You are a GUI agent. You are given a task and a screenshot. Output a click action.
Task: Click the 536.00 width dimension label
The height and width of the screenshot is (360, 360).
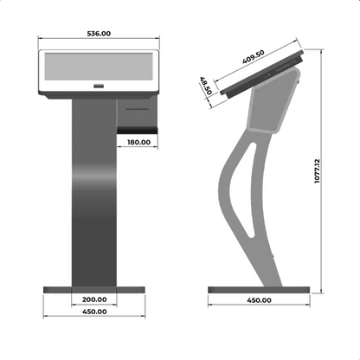tap(99, 34)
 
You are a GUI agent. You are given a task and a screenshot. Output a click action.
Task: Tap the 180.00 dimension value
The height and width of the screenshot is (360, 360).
tap(138, 142)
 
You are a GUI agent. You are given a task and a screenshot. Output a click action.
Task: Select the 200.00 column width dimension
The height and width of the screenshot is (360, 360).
tap(94, 299)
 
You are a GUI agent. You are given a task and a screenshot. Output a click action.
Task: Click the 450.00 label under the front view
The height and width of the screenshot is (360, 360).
tap(94, 312)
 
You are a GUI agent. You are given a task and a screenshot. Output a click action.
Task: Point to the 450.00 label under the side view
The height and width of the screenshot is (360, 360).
tap(259, 300)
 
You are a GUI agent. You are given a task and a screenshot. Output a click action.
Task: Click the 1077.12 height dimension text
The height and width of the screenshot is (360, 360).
tap(317, 170)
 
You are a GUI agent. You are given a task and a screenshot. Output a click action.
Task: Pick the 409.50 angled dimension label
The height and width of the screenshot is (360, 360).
tap(254, 57)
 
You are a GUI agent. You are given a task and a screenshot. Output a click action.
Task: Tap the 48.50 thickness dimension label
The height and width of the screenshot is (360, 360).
tap(206, 86)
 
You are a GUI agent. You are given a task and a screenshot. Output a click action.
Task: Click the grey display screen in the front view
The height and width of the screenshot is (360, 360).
tap(99, 67)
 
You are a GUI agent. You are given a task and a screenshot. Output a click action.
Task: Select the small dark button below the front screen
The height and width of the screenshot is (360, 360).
tap(99, 86)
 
